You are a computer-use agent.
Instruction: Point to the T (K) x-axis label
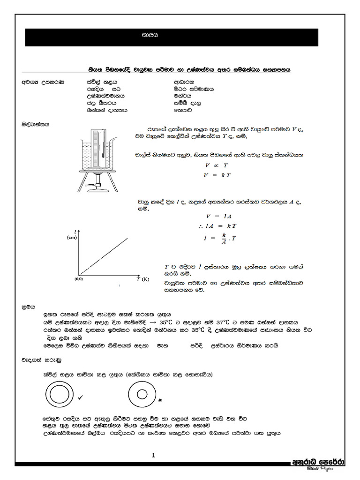[142, 279]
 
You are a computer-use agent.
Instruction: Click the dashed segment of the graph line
[86, 269]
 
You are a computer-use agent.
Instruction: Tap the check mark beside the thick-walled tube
[81, 397]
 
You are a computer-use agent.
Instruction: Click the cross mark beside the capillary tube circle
[160, 400]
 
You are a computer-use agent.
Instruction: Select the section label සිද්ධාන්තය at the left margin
[36, 125]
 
